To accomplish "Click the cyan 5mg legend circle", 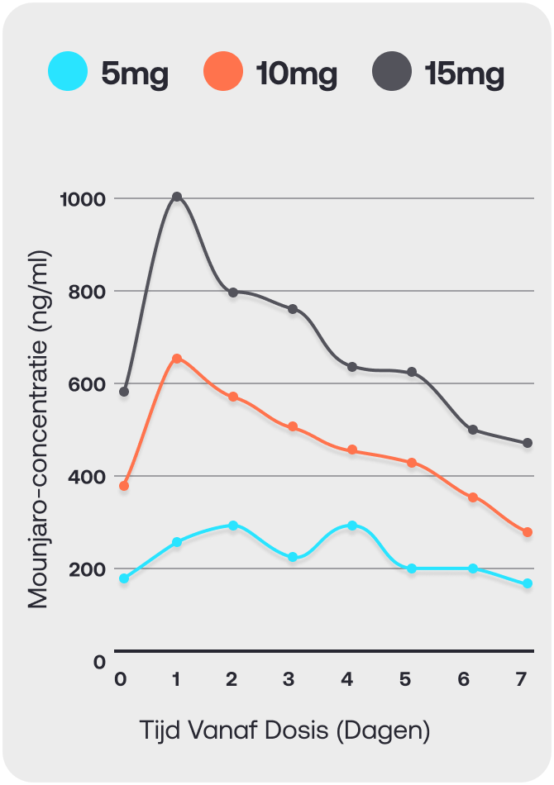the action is point(68,71).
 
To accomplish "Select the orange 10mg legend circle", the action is point(223,71).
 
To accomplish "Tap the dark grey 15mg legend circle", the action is point(392,71).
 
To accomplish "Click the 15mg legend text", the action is point(465,74).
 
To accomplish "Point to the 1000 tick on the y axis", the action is point(84,199).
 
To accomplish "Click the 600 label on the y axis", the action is point(87,384).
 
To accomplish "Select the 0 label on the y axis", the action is point(100,662).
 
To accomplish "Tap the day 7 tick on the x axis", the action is point(522,679).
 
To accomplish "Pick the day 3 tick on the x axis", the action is point(288,679).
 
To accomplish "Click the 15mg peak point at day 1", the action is point(177,197).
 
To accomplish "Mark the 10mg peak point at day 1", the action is point(177,359).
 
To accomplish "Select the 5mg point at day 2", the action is point(233,526).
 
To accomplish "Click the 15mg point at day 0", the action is point(124,392).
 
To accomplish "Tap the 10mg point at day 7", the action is point(528,532).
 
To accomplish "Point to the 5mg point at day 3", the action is point(293,557).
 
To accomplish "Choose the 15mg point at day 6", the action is point(473,430).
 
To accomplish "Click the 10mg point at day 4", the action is point(352,450).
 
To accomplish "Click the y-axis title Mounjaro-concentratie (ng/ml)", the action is point(39,430).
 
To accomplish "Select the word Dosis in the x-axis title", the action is point(297,730).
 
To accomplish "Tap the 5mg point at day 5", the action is point(412,569).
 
